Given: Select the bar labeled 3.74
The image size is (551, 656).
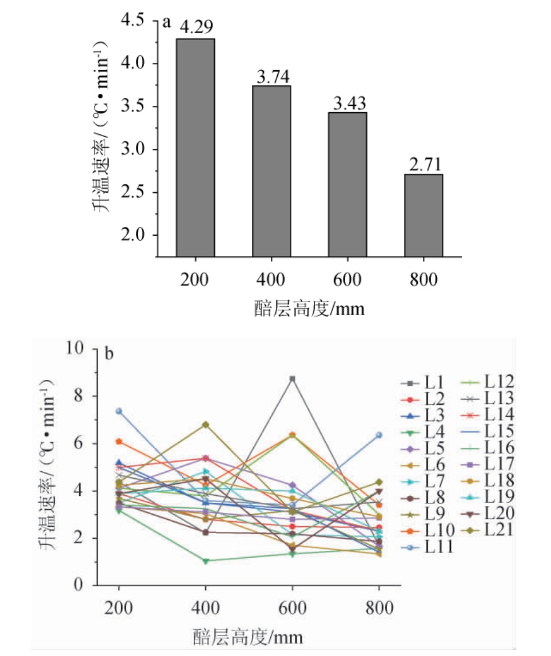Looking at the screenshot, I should (271, 171).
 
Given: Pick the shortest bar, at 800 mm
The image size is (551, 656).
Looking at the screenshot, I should (424, 215).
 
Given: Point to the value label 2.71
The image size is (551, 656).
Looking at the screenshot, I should (424, 164).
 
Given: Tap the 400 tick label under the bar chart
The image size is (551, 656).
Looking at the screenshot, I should (271, 280).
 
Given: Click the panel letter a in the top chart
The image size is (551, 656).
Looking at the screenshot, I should (167, 22).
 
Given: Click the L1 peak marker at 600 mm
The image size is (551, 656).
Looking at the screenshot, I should (293, 379).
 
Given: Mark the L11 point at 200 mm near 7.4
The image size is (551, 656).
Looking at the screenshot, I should (119, 411).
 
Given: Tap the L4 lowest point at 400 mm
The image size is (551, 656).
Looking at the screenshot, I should (205, 561).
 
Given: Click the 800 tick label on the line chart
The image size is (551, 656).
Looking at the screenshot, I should (379, 609).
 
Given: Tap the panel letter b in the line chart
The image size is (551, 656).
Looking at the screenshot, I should (110, 353).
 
